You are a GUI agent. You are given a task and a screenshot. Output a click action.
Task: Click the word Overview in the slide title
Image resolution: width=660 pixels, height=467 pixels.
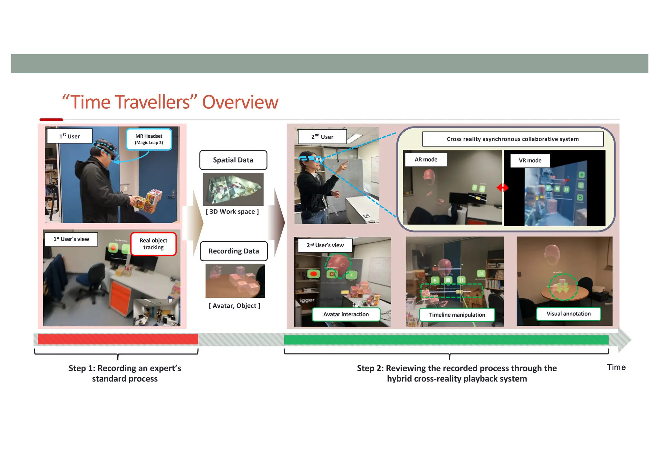click(x=240, y=102)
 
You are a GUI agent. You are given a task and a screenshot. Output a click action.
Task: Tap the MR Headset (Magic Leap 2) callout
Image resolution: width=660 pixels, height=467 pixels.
click(x=149, y=139)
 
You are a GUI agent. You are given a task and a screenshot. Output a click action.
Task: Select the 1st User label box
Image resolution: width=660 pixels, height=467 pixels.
click(x=70, y=136)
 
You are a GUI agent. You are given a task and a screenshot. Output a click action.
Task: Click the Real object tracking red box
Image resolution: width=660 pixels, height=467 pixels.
click(x=153, y=244)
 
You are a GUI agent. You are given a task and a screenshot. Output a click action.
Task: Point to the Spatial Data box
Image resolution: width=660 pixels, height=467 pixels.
click(x=233, y=160)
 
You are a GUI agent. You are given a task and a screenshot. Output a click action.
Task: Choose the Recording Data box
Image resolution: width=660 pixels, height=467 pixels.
click(x=234, y=251)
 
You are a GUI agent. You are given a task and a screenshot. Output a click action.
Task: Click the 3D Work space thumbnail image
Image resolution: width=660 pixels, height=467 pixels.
click(x=233, y=189)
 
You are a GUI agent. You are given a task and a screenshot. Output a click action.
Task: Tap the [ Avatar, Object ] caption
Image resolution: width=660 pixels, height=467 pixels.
click(x=234, y=305)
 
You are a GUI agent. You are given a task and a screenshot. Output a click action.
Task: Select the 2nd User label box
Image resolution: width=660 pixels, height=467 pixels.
click(x=322, y=137)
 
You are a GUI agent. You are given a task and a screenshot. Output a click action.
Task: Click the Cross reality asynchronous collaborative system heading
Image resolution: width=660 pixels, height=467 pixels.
click(x=512, y=139)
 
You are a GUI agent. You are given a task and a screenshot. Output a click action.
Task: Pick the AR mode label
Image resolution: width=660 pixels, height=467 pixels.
click(x=426, y=160)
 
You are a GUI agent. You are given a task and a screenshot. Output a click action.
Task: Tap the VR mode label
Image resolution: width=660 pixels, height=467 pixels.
click(x=530, y=160)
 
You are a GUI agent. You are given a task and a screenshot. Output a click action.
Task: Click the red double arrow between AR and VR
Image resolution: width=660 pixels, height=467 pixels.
click(x=502, y=187)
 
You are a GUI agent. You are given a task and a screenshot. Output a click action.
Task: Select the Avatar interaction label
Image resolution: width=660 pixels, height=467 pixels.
click(x=346, y=314)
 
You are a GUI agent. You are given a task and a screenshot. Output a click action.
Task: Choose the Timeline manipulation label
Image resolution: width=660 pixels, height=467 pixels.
click(x=457, y=315)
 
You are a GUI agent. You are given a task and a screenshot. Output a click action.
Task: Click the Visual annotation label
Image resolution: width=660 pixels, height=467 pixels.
click(x=568, y=313)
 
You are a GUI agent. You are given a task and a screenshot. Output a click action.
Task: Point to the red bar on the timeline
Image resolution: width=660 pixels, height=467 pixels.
click(x=118, y=339)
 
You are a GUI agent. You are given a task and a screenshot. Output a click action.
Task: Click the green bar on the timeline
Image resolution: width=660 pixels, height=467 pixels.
click(x=446, y=340)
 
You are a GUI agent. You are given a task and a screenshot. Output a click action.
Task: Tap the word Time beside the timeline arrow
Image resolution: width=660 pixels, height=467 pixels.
click(x=616, y=367)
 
